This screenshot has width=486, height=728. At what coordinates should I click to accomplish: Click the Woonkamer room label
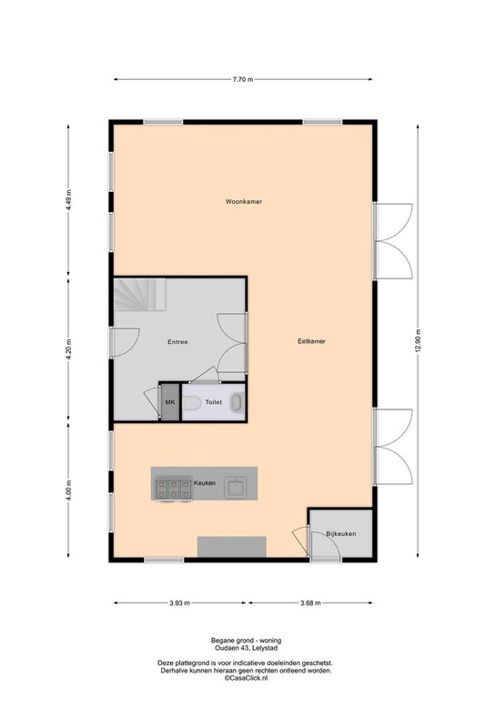pyautogui.click(x=244, y=201)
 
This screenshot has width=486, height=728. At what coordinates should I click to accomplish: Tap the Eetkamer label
pyautogui.click(x=311, y=340)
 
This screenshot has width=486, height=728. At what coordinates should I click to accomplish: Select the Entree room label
pyautogui.click(x=177, y=342)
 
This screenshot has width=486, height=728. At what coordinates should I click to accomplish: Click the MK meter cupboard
pyautogui.click(x=170, y=402)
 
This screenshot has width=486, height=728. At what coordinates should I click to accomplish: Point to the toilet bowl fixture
pyautogui.click(x=191, y=402)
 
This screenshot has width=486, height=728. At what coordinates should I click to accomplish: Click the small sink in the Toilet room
pyautogui.click(x=238, y=402)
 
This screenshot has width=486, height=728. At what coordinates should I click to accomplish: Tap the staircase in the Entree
pyautogui.click(x=140, y=294)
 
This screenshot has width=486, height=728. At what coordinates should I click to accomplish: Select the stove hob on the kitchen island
pyautogui.click(x=173, y=489)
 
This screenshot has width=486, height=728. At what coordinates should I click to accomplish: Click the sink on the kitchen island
pyautogui.click(x=236, y=488)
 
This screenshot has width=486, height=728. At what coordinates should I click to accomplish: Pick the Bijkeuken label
pyautogui.click(x=341, y=533)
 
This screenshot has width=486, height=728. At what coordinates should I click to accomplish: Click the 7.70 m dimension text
pyautogui.click(x=243, y=79)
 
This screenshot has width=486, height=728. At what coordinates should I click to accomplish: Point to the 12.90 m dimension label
pyautogui.click(x=418, y=340)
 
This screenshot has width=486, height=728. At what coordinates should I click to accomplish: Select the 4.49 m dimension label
pyautogui.click(x=68, y=199)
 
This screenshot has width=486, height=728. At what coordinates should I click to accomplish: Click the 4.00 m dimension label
pyautogui.click(x=68, y=490)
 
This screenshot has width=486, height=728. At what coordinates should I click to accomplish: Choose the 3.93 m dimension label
pyautogui.click(x=179, y=603)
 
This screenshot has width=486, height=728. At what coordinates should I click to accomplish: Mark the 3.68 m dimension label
pyautogui.click(x=310, y=603)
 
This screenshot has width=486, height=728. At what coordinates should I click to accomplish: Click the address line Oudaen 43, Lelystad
pyautogui.click(x=246, y=648)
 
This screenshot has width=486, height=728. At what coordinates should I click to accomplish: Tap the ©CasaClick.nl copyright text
pyautogui.click(x=246, y=678)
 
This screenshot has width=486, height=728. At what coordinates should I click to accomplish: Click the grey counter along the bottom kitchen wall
pyautogui.click(x=232, y=547)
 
